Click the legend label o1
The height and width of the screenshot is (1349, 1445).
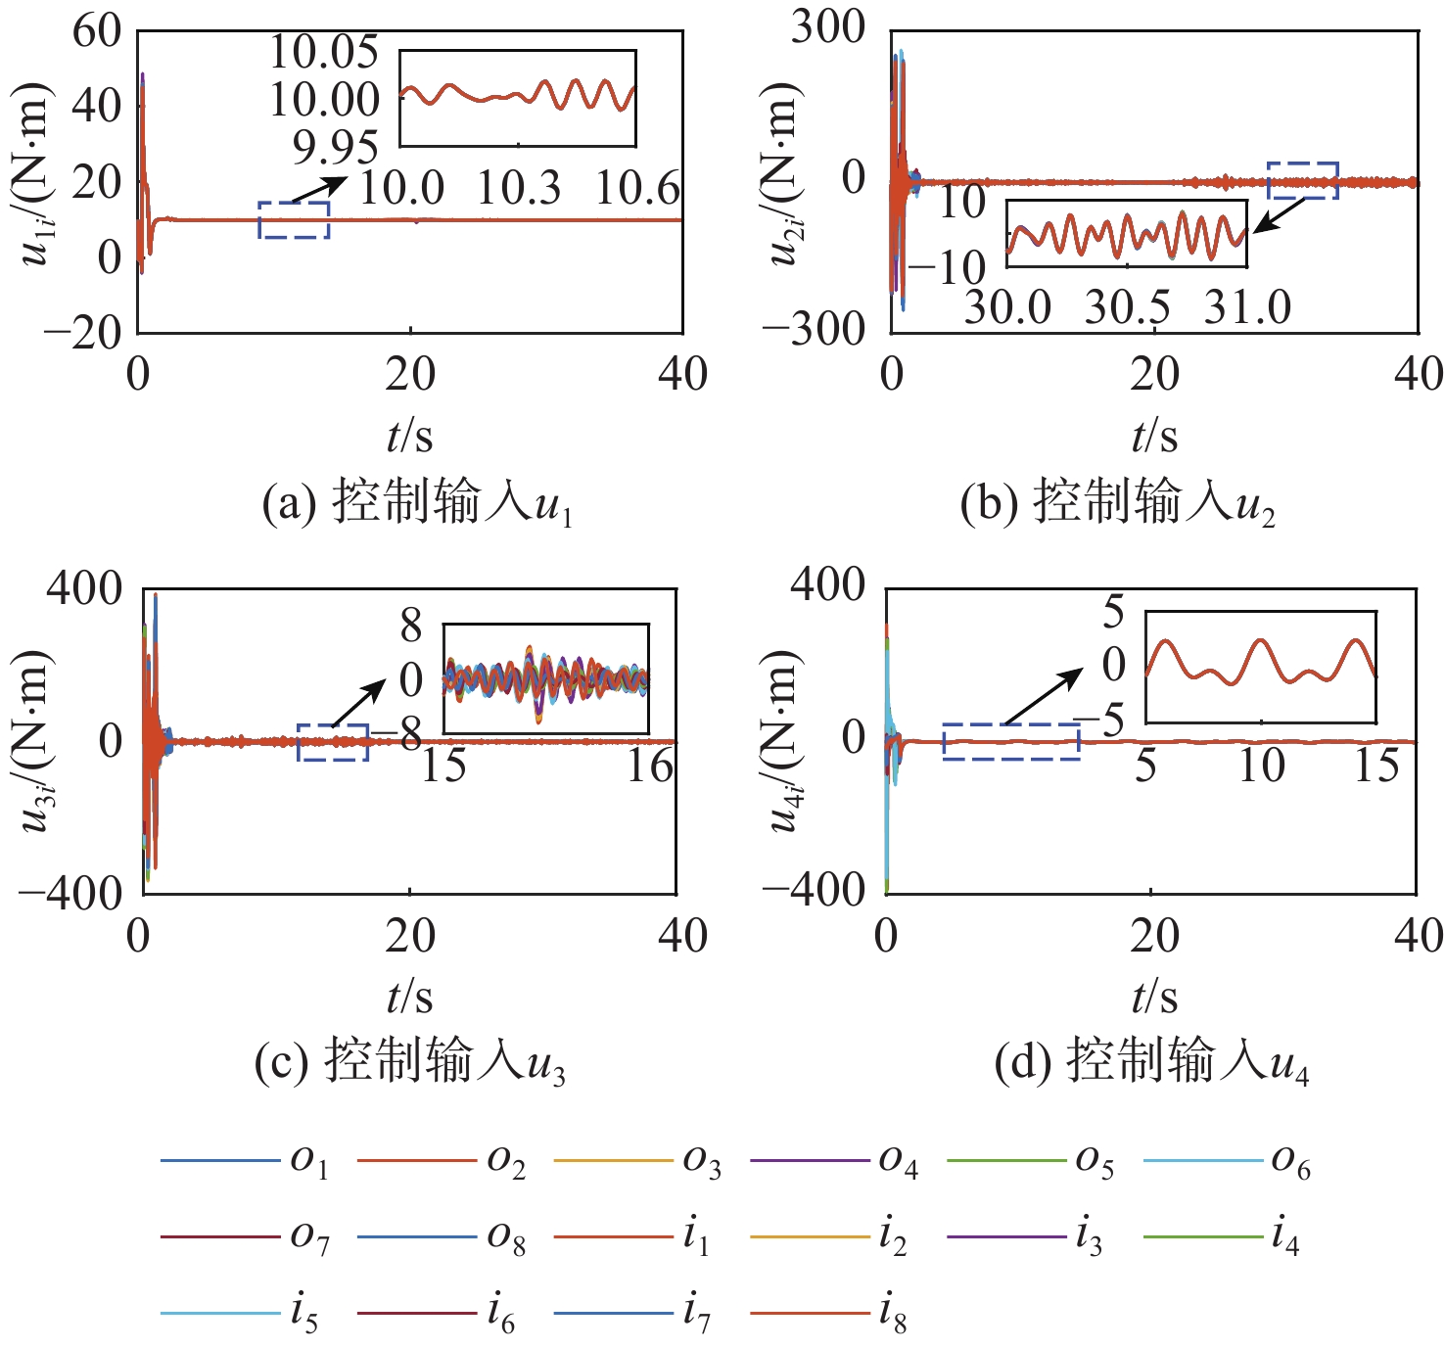309,1162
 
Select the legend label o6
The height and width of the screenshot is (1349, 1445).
1290,1162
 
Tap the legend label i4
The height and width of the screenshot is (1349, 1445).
1284,1238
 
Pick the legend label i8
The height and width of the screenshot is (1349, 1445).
892,1315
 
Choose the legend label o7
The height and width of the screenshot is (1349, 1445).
309,1238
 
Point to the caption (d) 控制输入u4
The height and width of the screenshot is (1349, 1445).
1151,1062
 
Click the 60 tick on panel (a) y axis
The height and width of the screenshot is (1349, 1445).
97,31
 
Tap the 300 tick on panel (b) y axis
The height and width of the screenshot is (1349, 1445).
828,27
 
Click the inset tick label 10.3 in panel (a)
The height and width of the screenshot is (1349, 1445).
519,187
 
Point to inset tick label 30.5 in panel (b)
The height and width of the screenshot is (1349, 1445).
1127,307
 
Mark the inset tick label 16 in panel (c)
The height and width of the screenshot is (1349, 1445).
650,766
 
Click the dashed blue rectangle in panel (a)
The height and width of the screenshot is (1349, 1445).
294,220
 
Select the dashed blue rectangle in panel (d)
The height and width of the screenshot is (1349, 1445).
1011,742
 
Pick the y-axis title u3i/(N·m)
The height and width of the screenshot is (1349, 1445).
35,740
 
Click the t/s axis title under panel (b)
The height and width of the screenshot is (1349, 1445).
1154,435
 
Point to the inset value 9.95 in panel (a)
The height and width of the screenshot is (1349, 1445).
335,148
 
